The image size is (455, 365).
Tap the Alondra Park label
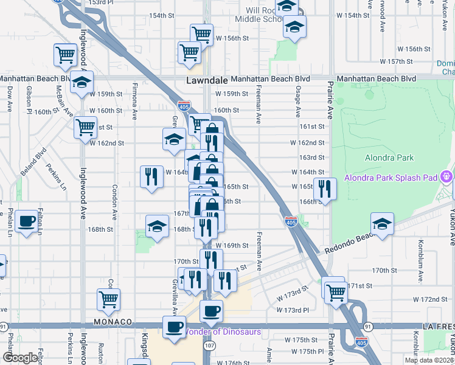coord(389,158)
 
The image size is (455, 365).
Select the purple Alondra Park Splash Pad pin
coord(446,178)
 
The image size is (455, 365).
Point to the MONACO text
coord(113,321)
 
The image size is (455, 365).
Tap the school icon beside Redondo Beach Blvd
coord(382,224)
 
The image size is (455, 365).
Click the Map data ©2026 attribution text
coord(429,360)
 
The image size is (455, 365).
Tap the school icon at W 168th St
coord(157,226)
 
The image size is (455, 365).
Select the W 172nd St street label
coord(429,299)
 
